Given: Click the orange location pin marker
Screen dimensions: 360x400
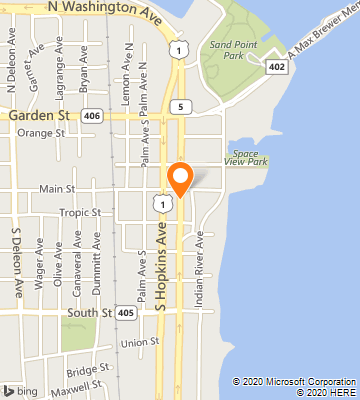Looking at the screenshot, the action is [x=180, y=178].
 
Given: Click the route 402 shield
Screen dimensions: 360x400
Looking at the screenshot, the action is [x=277, y=66].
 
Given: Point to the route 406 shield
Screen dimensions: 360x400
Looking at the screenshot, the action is [x=91, y=116].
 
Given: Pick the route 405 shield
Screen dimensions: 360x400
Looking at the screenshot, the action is [x=125, y=313].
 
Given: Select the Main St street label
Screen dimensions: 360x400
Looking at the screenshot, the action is [x=57, y=188].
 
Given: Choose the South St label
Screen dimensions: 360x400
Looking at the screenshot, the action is [x=90, y=313].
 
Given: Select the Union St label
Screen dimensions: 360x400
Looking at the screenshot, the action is [x=139, y=343].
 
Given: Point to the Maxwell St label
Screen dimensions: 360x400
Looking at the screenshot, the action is [x=83, y=385].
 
